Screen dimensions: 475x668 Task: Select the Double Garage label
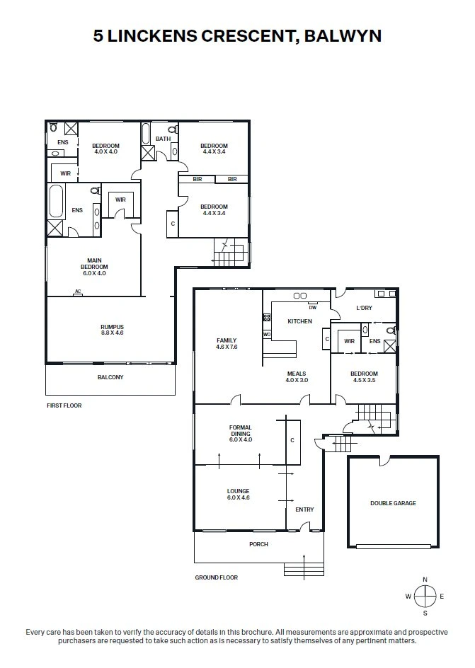[393, 503]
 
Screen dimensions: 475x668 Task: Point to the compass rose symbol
[425, 596]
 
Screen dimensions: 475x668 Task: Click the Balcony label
[110, 377]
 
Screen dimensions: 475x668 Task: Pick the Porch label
[258, 544]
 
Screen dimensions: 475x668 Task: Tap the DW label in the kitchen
[313, 307]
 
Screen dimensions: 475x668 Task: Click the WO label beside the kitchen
[267, 335]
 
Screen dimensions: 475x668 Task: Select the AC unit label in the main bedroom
[78, 292]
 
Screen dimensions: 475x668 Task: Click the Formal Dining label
[240, 430]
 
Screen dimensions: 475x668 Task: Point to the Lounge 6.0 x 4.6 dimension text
[238, 497]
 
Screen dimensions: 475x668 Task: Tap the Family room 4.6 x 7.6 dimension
[227, 347]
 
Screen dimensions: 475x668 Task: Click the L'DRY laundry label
[364, 308]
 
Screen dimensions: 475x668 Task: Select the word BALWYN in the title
[343, 36]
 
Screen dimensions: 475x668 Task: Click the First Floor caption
[64, 405]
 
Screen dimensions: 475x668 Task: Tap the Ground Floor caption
[217, 577]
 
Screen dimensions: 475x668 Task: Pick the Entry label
[304, 509]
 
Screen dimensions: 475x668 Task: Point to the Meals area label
[297, 374]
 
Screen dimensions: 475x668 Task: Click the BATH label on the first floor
[163, 139]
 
